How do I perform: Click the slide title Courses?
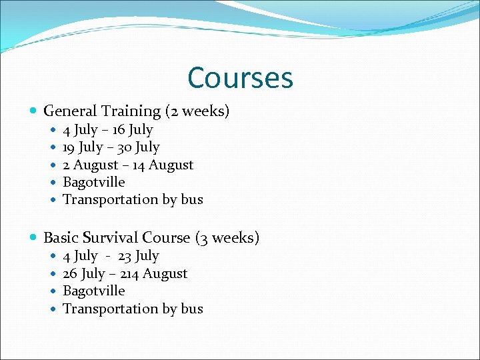[x=240, y=78]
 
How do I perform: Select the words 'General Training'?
[x=102, y=111]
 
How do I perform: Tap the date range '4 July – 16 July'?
[x=107, y=130]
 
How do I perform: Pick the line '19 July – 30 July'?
[x=111, y=147]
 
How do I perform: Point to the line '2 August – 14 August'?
[x=127, y=165]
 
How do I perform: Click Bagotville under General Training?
[x=93, y=182]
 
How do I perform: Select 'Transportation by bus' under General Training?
[x=133, y=199]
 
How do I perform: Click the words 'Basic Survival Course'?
[x=117, y=238]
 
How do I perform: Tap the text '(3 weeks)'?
[x=227, y=238]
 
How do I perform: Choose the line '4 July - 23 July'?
[x=111, y=256]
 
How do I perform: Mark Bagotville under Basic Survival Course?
[x=93, y=291]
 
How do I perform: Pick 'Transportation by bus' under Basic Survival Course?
[x=133, y=309]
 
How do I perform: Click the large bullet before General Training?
[x=34, y=111]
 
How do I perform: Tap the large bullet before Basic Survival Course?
[x=34, y=238]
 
